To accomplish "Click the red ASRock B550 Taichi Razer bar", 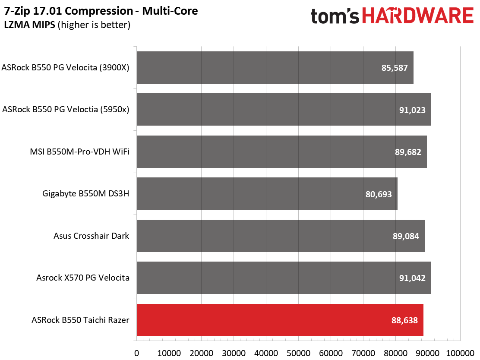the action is (x=280, y=320).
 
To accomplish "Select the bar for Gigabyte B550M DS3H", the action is (x=267, y=194).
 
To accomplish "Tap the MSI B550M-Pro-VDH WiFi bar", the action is (x=281, y=152).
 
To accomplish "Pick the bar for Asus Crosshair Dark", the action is (x=281, y=236).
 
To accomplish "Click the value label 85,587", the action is (x=394, y=68).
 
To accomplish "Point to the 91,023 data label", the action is (x=412, y=110).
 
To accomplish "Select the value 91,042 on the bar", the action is (x=412, y=278).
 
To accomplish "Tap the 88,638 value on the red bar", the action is (x=404, y=320).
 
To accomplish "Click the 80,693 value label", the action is (x=379, y=194).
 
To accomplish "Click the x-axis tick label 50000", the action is (x=298, y=353).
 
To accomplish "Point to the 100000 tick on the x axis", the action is (x=460, y=353).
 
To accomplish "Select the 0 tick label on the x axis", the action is (x=136, y=353).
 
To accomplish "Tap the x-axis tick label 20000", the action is (x=202, y=353).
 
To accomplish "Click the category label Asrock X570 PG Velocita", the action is (x=82, y=278).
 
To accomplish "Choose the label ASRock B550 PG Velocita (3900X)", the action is (x=65, y=67).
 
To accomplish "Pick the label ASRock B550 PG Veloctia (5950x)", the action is (x=66, y=109).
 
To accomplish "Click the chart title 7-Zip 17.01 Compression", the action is (x=69, y=11).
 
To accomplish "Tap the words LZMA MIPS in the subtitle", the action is (x=29, y=25).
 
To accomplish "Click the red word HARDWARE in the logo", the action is (x=418, y=16).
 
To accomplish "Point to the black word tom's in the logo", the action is (x=335, y=16).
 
